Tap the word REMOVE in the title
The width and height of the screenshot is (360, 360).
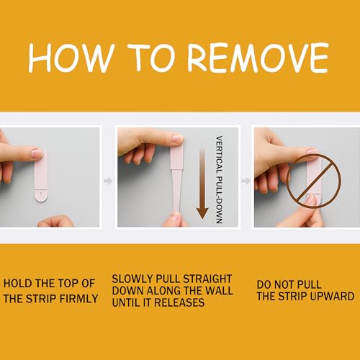point(258,58)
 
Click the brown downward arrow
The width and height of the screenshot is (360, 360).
point(202,184)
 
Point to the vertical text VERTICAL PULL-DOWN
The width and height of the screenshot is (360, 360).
point(219,180)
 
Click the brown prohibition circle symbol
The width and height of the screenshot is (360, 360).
point(314,181)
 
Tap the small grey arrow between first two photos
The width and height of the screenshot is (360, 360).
point(108,181)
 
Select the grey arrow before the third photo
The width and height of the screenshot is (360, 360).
point(246,181)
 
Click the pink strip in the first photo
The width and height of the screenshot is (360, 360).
point(41,176)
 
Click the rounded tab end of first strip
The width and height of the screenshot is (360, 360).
point(41,196)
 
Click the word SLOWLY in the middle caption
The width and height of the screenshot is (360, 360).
point(132,279)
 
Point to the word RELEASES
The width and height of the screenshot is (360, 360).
point(179,302)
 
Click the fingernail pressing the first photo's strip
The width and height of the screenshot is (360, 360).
point(37,153)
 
